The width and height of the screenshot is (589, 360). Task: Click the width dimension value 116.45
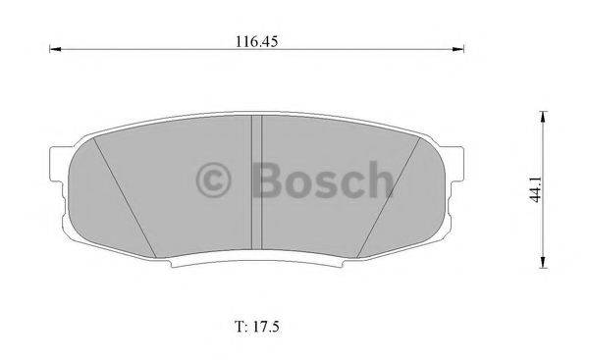[251, 41]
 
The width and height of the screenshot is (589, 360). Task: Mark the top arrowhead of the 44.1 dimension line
[542, 117]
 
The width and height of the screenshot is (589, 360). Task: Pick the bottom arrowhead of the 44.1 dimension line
[542, 261]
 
